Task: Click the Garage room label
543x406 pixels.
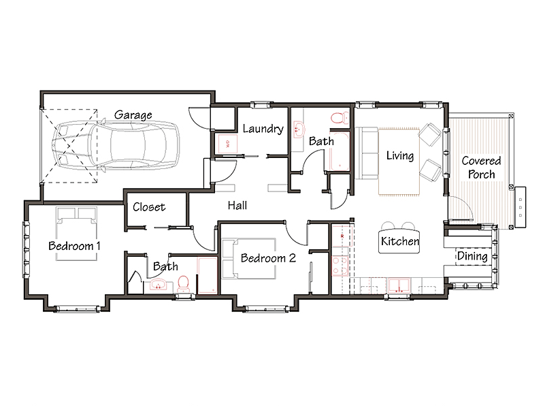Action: point(133,115)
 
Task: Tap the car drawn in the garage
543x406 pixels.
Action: point(116,145)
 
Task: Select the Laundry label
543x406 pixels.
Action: point(263,129)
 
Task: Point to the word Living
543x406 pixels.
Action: point(400,156)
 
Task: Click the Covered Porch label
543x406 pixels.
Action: point(481,168)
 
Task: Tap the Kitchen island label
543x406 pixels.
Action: point(399,241)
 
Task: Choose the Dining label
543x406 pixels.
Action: point(472,256)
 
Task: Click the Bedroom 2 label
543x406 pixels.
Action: point(268,258)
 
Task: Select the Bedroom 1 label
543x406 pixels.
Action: point(74,246)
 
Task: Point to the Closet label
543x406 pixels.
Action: point(149,207)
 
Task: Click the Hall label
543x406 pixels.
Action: point(237,206)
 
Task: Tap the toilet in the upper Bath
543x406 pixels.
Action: point(340,119)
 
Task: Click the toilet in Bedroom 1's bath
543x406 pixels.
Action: point(183,283)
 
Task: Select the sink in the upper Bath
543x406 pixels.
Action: point(298,129)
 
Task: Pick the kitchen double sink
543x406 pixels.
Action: point(399,285)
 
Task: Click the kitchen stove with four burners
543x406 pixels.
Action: point(340,266)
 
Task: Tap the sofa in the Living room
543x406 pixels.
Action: point(367,153)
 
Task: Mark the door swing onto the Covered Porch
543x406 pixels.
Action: point(461,208)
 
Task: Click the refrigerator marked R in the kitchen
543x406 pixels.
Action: point(341,236)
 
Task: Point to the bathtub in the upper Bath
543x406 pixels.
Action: point(339,151)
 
